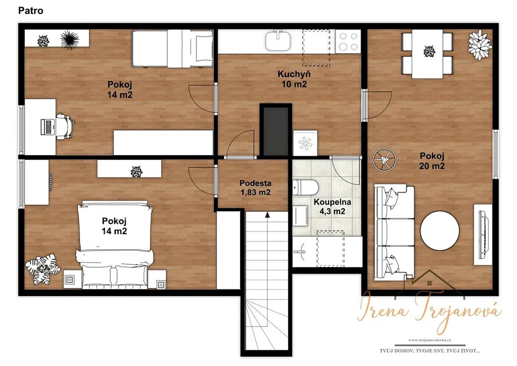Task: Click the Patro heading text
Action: (x=31, y=11)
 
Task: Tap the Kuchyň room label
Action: (x=294, y=74)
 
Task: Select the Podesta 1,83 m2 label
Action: (x=255, y=188)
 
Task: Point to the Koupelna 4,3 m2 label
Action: (x=332, y=206)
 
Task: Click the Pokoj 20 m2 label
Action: (x=432, y=160)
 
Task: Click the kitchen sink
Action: (x=278, y=40)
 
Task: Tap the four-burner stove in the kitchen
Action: (x=348, y=41)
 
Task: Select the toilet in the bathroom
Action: (x=305, y=188)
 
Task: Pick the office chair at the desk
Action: (x=65, y=126)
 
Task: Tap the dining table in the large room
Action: (x=427, y=54)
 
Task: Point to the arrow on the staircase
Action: (x=268, y=215)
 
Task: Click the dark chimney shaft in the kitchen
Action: (x=276, y=130)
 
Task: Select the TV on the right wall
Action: (x=483, y=234)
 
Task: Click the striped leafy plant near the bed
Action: (x=43, y=268)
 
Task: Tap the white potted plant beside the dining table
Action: (x=480, y=44)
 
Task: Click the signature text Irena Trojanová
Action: (x=429, y=311)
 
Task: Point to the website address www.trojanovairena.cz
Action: (x=430, y=340)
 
